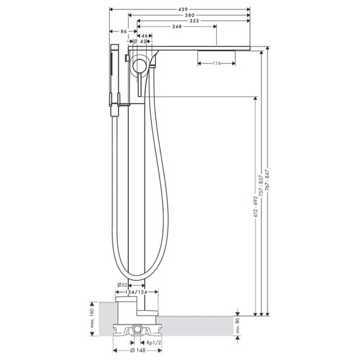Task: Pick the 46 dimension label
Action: pos(144,37)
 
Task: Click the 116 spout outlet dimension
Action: pos(216,63)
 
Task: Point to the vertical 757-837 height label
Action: pos(261,186)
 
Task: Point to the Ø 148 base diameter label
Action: pos(136,350)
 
